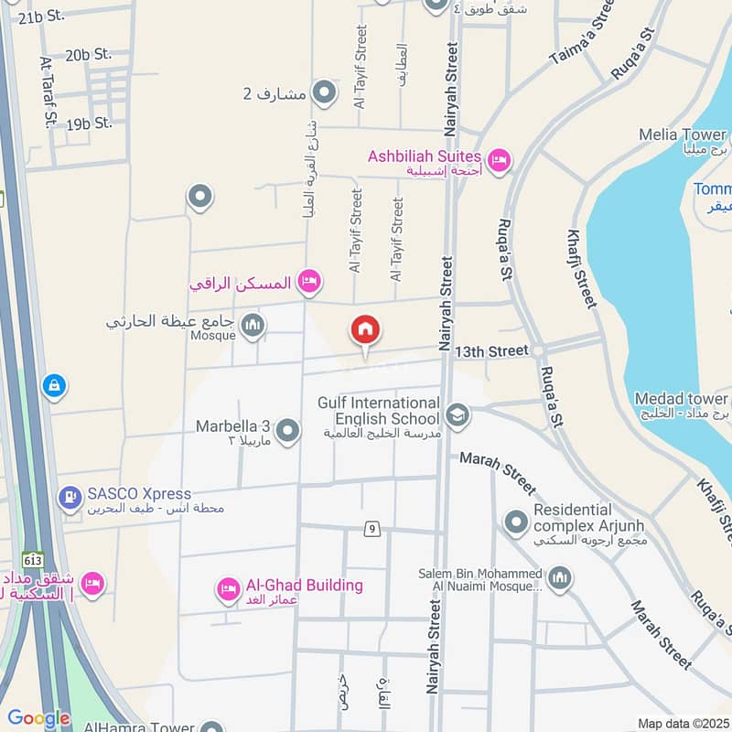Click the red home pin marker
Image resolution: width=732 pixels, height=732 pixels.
(365, 330)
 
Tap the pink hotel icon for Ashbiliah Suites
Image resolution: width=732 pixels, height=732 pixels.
(499, 161)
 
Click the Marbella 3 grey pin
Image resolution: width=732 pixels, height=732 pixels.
(288, 429)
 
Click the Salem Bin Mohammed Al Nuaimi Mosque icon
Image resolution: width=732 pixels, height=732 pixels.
(560, 578)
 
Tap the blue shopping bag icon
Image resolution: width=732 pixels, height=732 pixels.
(54, 386)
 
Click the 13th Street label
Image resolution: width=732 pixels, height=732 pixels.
(492, 351)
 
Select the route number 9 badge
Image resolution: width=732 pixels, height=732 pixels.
(371, 528)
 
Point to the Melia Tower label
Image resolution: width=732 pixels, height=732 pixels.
(683, 135)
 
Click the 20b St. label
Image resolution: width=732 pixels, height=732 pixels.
(88, 56)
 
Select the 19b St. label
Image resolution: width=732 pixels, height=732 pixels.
(88, 122)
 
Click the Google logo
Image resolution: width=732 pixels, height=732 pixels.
(38, 718)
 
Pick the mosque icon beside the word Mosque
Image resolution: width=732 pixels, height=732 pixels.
(253, 325)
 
